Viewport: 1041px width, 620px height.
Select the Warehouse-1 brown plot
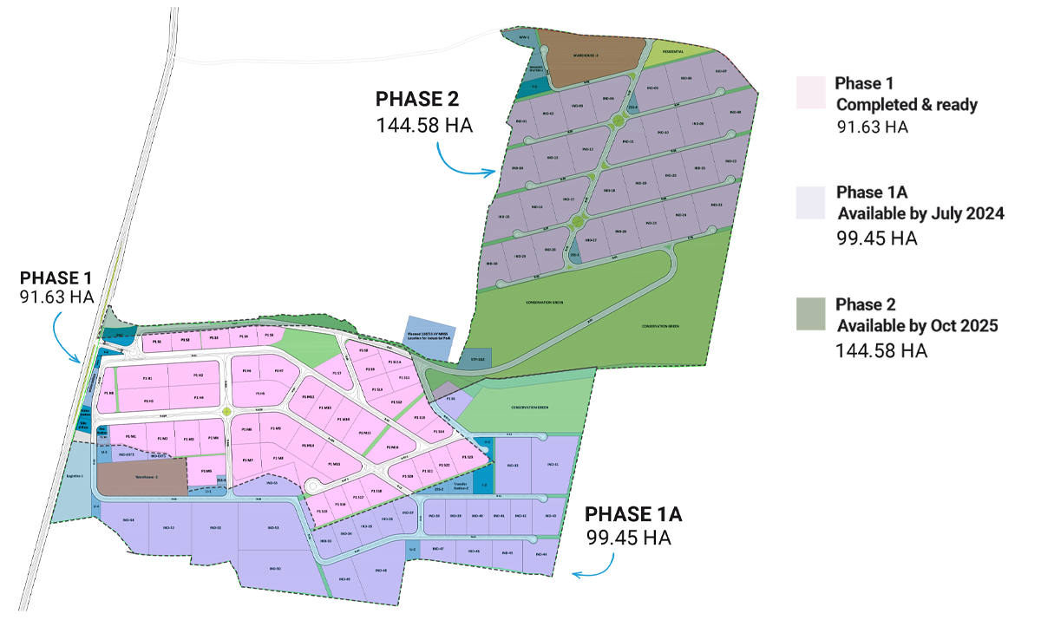[141, 477]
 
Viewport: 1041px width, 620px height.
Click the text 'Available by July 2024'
[920, 213]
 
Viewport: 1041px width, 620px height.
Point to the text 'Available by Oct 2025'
[917, 326]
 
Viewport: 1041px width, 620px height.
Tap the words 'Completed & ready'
[907, 105]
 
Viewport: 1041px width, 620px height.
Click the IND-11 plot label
[629, 141]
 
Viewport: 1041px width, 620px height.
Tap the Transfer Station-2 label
[460, 487]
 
